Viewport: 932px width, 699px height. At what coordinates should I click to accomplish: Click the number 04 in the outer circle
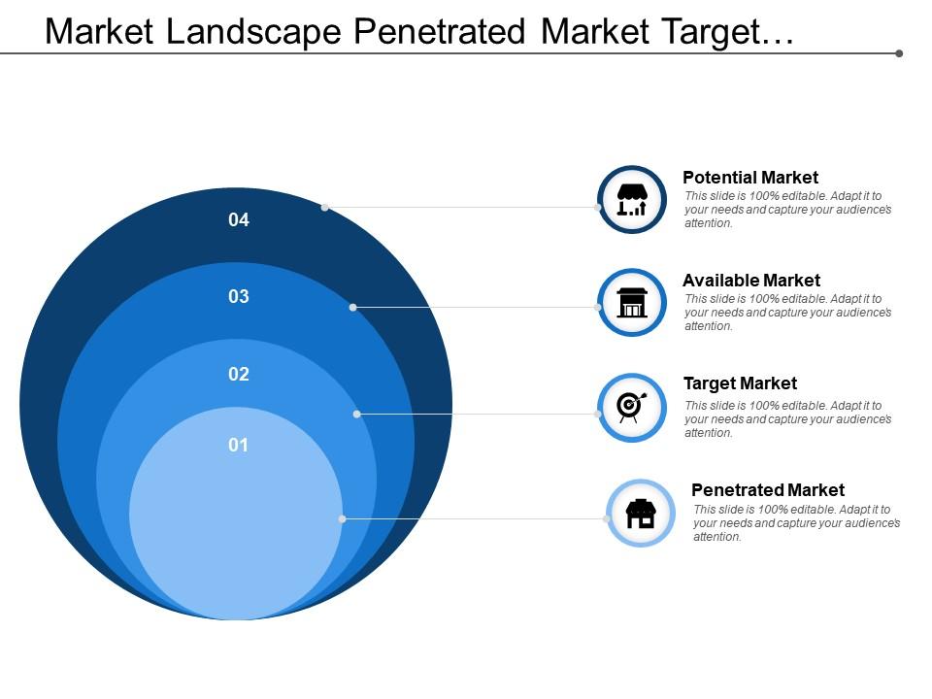pos(239,220)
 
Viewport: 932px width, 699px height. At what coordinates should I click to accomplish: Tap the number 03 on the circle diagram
pos(239,297)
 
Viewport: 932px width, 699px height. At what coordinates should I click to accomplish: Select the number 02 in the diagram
pos(239,374)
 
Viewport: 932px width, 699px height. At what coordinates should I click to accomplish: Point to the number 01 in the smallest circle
pos(239,446)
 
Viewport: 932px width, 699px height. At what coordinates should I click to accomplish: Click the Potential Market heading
pos(750,178)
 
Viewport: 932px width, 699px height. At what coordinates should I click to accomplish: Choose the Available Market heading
pos(751,281)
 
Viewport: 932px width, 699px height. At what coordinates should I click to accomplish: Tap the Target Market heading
pos(740,383)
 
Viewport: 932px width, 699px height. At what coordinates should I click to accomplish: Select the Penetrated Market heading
pos(768,490)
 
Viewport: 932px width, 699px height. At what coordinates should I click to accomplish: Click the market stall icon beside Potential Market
pos(632,200)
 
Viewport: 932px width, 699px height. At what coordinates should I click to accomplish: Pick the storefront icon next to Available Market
pos(632,303)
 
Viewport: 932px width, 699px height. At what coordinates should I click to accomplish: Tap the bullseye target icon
pos(631,407)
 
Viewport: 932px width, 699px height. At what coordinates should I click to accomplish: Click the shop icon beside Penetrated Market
pos(641,514)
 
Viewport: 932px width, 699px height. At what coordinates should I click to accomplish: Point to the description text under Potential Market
pos(787,210)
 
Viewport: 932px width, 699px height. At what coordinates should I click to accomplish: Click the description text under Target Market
pos(787,419)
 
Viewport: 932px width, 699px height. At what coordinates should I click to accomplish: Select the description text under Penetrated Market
pos(796,523)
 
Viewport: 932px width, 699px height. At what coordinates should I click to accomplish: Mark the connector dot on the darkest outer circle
pos(325,207)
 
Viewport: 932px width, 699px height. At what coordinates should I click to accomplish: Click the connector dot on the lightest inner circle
pos(343,519)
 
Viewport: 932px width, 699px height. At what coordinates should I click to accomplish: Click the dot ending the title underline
pos(899,53)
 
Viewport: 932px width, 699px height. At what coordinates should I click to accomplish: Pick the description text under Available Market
pos(787,313)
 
